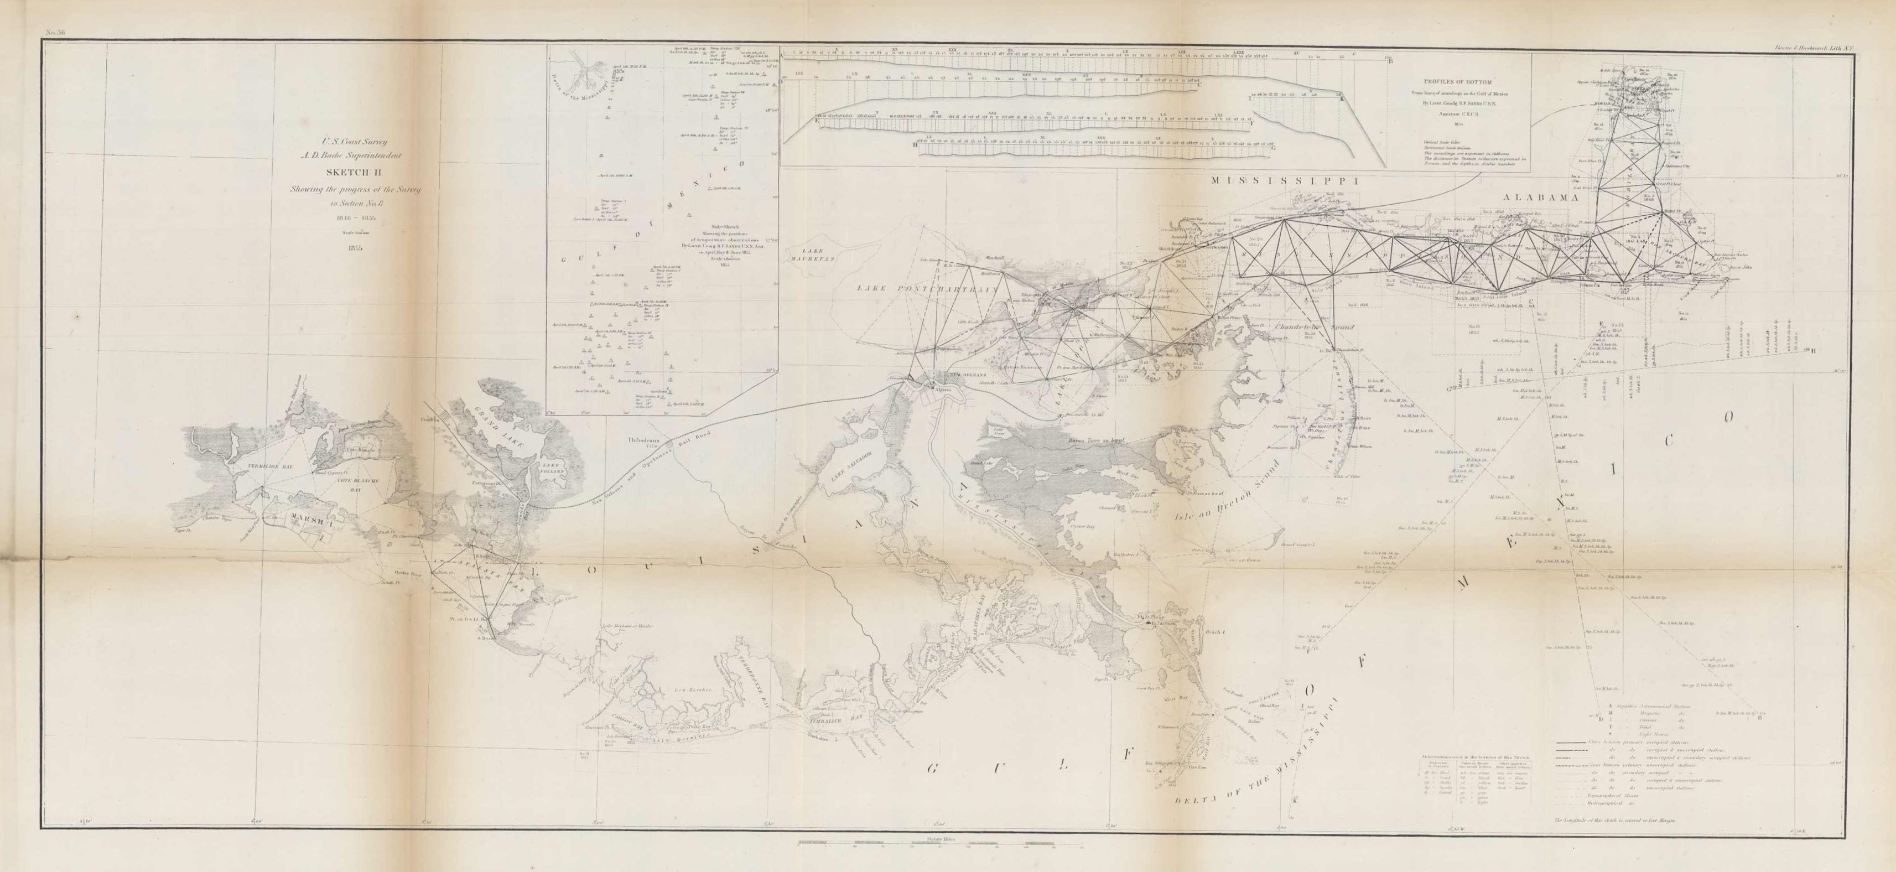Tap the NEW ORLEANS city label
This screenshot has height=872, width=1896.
click(965, 376)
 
